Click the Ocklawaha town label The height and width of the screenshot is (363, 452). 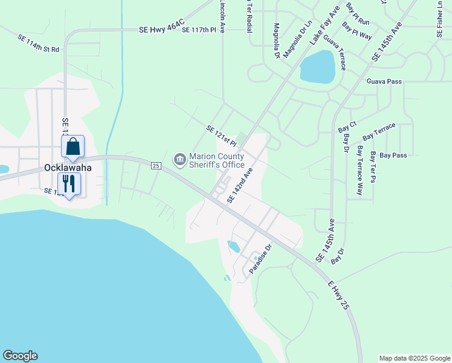click(67, 168)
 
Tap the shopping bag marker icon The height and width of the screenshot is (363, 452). click(73, 147)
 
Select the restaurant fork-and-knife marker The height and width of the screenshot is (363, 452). click(69, 183)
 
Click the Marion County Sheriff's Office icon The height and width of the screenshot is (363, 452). click(179, 159)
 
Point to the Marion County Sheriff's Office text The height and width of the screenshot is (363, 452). click(217, 160)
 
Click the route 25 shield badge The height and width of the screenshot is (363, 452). click(156, 165)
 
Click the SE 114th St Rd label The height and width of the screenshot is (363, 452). click(39, 44)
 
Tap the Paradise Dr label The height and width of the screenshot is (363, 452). click(262, 257)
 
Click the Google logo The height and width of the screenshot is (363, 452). click(20, 356)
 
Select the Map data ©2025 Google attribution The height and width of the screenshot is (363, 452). click(415, 358)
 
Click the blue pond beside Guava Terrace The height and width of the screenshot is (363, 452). click(317, 67)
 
